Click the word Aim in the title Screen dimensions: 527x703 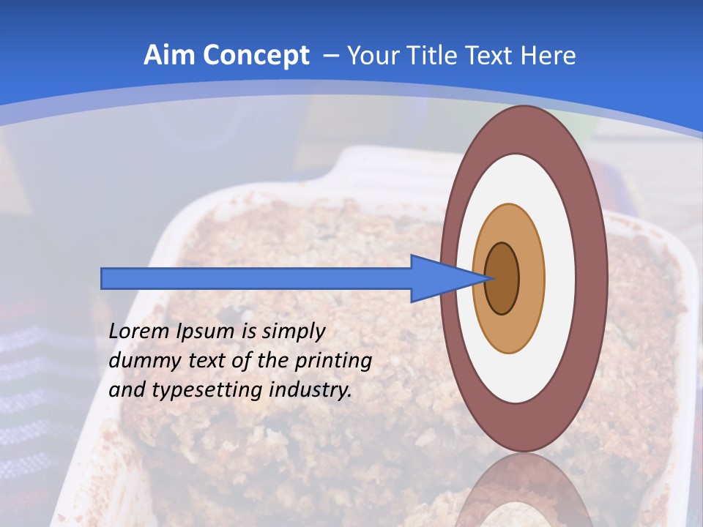(x=168, y=56)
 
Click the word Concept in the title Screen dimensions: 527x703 (x=256, y=56)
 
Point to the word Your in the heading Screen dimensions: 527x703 (x=373, y=56)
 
